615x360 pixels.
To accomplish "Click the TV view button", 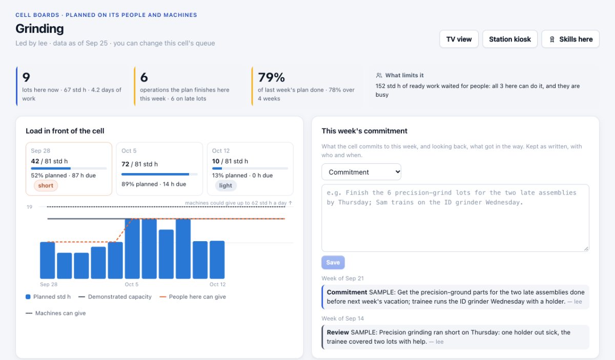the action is (x=459, y=39).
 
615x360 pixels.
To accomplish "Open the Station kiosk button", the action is (x=510, y=39).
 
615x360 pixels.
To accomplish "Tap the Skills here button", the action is (x=570, y=39).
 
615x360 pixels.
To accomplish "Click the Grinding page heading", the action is (x=39, y=29).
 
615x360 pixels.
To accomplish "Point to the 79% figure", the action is (x=271, y=77).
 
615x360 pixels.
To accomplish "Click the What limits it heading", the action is (x=404, y=75).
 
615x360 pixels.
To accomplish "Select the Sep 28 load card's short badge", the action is (x=46, y=185).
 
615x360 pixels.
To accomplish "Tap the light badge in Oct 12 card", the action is (x=225, y=185).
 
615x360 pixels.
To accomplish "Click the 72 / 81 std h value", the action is (x=139, y=164).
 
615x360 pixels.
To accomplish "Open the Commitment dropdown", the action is (x=361, y=172).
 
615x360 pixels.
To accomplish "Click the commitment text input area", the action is (x=455, y=218).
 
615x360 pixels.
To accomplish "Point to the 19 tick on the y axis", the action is (x=29, y=207).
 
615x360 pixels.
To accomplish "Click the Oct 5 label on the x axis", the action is (x=132, y=284).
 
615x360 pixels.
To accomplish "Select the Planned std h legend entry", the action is (x=48, y=297).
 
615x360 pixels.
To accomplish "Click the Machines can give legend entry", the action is (x=55, y=313).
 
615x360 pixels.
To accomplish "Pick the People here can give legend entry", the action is (x=193, y=297).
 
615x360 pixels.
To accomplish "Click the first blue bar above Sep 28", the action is (x=48, y=260).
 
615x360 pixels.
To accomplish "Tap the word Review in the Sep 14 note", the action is (x=338, y=332).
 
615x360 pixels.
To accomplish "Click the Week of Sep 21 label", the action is (x=343, y=278).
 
